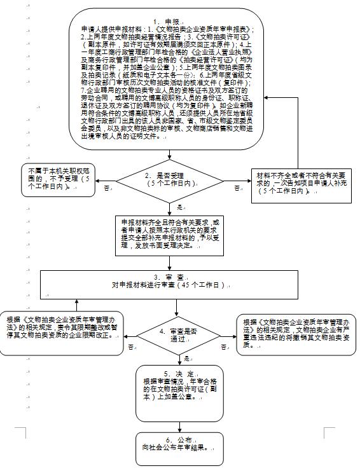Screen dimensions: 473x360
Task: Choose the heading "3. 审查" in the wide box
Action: pos(169,278)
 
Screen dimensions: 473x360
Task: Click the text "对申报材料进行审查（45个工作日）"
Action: pos(169,287)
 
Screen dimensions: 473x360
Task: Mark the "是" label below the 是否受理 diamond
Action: pos(179,208)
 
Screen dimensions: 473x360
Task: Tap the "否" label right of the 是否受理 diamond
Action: pos(237,188)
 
